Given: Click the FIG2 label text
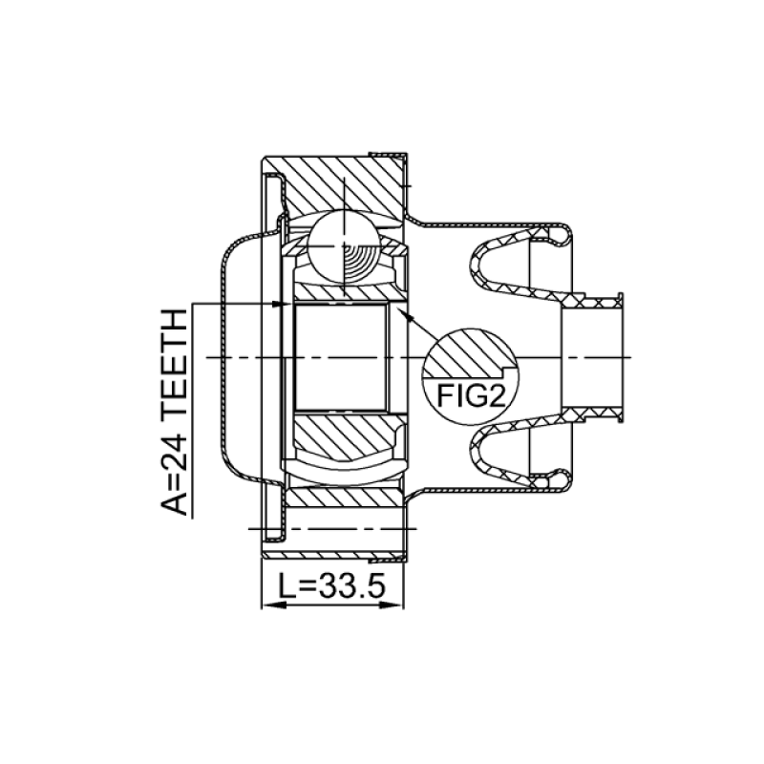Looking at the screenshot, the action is tap(470, 395).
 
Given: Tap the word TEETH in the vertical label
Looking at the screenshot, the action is tap(175, 363).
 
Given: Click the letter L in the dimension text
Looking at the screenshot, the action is tap(286, 585).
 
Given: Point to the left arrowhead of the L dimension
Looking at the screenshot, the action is tap(274, 605).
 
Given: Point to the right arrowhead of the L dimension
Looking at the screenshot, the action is tap(392, 605).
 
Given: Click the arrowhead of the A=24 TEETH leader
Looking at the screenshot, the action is tap(280, 304).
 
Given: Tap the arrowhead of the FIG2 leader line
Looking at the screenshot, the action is tap(405, 315).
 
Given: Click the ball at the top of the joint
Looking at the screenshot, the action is tap(344, 246).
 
